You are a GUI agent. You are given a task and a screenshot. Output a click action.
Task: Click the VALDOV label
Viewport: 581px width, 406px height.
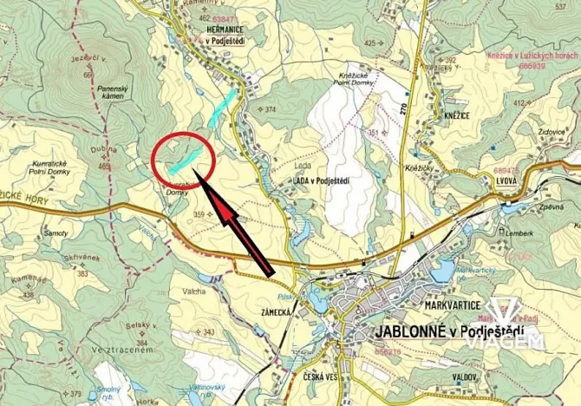pos(464,377)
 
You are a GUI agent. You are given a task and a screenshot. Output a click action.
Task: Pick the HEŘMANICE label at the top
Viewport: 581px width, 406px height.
pos(229,28)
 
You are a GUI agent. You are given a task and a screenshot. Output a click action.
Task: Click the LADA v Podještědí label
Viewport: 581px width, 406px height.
pos(321,180)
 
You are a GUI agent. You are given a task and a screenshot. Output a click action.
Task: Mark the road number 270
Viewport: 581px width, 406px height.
pos(404,109)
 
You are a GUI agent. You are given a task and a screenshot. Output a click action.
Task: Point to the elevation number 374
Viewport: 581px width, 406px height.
pos(270,109)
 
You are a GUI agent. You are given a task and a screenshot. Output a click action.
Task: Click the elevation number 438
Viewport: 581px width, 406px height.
pos(28,295)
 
